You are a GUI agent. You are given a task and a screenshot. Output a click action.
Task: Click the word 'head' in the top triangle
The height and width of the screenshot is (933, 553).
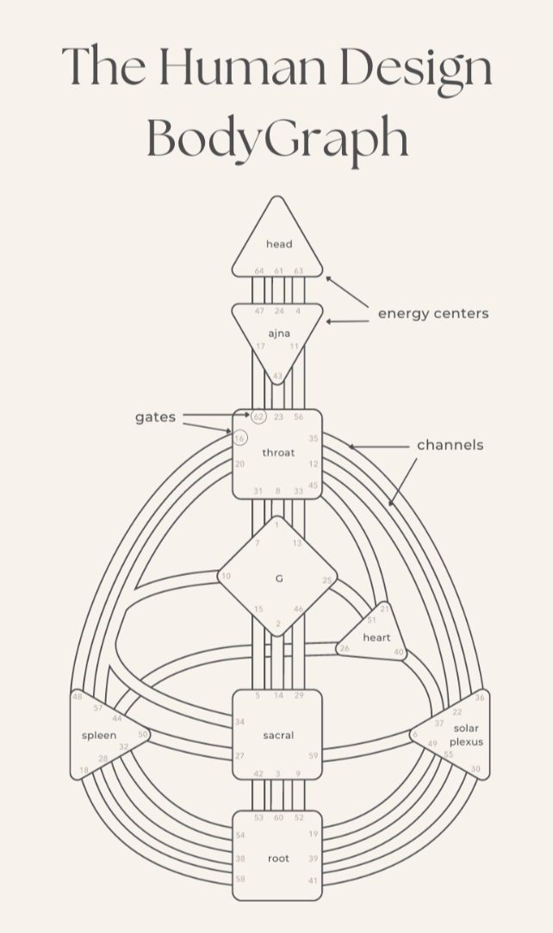coord(278,245)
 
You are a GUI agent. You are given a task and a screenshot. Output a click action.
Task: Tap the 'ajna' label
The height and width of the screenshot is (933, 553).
coord(278,332)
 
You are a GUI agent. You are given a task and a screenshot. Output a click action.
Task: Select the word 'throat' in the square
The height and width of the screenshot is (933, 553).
coord(278,453)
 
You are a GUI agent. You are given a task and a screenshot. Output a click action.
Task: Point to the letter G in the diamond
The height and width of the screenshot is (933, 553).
coord(278,579)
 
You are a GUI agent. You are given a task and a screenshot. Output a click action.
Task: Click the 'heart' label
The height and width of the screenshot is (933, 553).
coord(376,638)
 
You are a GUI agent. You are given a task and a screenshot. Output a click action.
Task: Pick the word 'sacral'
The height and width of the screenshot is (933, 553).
coord(278,736)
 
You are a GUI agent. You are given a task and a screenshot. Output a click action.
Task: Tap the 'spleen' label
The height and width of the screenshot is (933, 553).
coord(99,736)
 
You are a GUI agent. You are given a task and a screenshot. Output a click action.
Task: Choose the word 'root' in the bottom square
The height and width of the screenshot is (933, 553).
coord(278,859)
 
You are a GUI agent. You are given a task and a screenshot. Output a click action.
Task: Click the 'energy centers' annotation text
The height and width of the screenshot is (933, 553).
coord(433,313)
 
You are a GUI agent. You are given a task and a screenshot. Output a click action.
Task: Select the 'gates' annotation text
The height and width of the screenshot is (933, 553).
coord(155,417)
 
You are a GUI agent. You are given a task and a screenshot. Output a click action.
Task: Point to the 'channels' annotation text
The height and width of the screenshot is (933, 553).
coord(450,445)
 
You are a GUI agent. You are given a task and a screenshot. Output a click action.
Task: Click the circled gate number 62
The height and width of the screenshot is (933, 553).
coord(258,417)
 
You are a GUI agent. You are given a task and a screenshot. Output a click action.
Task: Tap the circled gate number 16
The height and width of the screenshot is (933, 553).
coord(239,438)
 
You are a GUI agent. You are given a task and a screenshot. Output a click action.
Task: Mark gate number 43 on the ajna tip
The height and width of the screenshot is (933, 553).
coord(277,376)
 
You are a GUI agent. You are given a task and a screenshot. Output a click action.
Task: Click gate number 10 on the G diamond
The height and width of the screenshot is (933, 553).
coord(227,576)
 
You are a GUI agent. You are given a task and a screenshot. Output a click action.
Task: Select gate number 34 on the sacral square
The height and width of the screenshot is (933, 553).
coord(240,722)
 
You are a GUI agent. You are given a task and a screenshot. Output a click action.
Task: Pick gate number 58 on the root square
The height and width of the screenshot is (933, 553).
coord(240,878)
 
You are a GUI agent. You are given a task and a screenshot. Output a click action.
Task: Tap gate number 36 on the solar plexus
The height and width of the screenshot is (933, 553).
coord(480,697)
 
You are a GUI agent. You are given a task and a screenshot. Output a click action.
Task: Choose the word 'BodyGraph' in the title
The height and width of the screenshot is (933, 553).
coord(277,138)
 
